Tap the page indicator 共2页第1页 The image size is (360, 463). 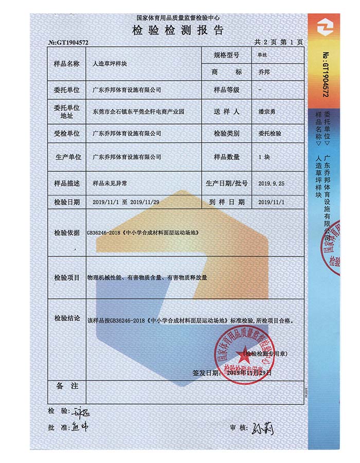pyautogui.click(x=278, y=42)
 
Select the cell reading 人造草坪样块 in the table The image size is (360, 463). pyautogui.click(x=113, y=64)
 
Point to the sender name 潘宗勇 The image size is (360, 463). pyautogui.click(x=268, y=111)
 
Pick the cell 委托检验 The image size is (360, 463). pyautogui.click(x=270, y=133)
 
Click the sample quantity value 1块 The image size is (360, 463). pyautogui.click(x=264, y=156)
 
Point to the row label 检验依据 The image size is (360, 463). pyautogui.click(x=67, y=233)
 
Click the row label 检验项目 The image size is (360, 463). pyautogui.click(x=67, y=277)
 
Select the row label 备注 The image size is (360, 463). pyautogui.click(x=67, y=386)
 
